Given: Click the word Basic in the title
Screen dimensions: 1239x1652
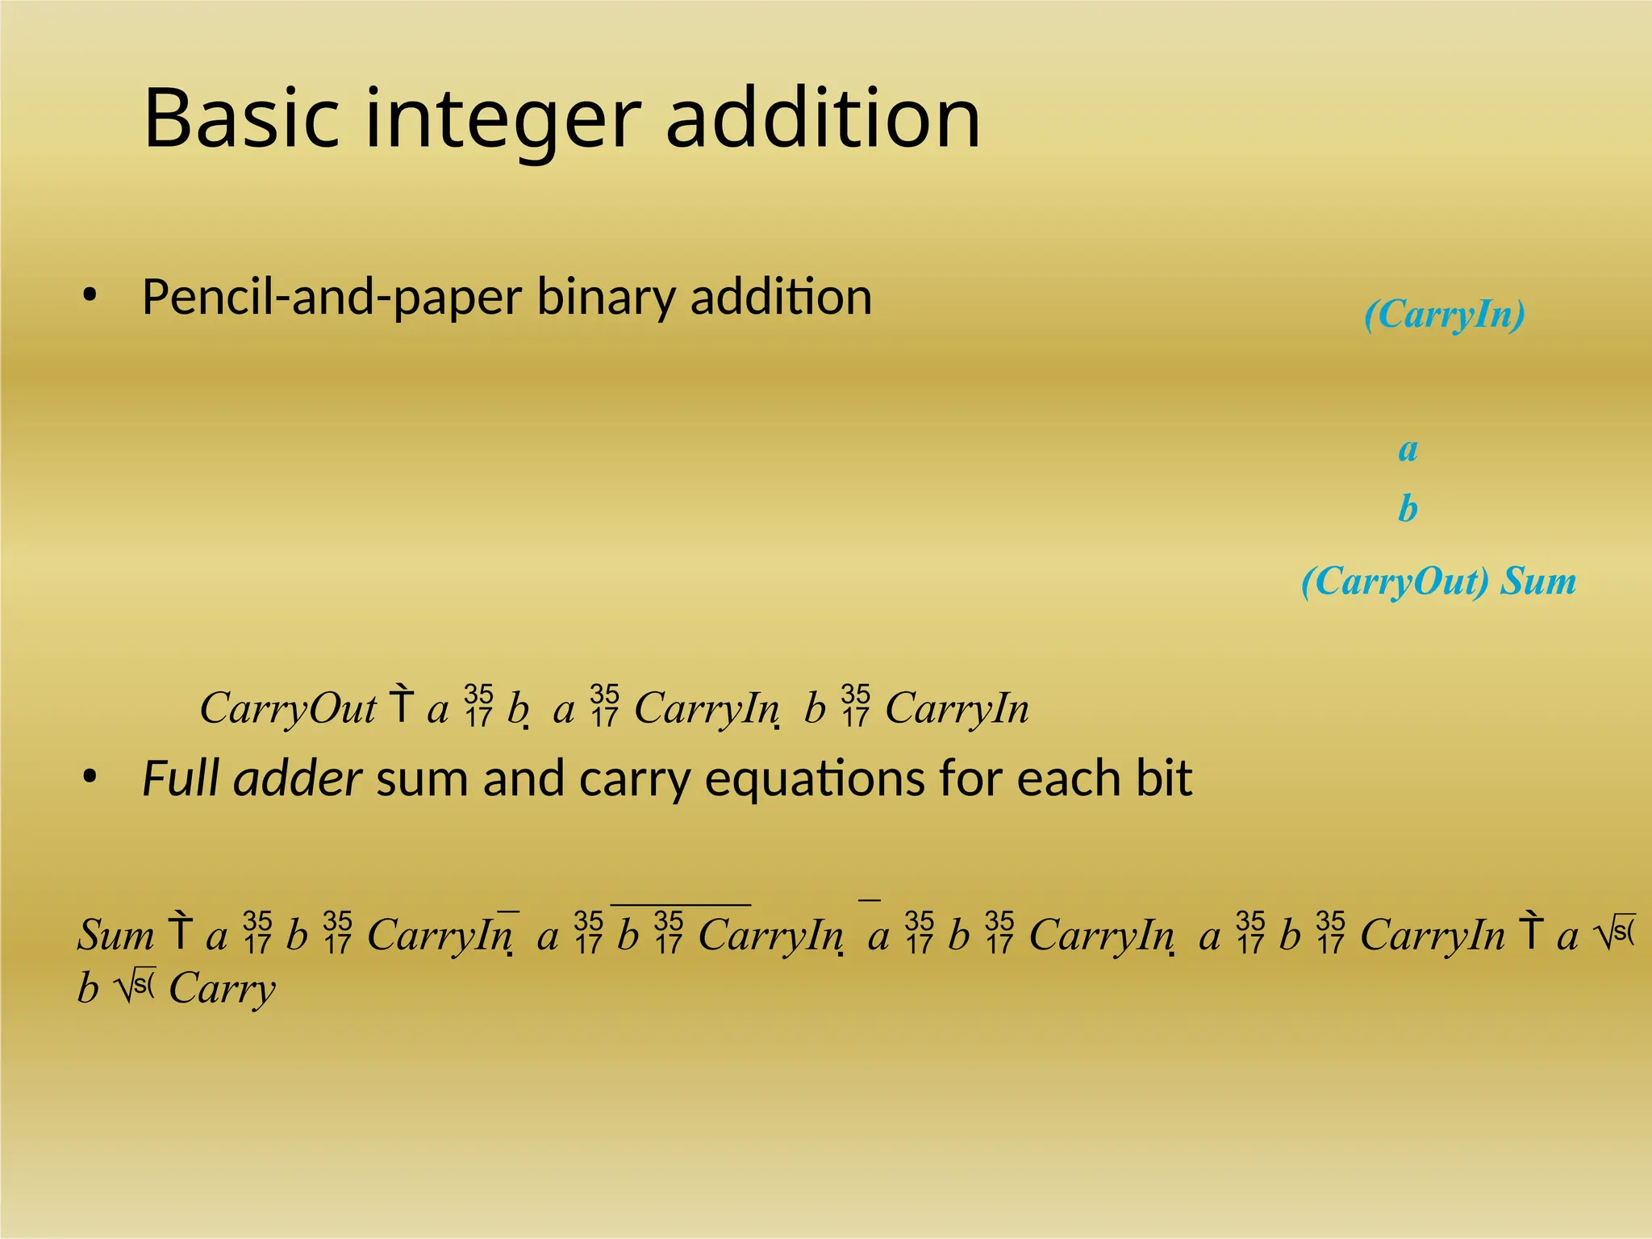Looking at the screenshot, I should (x=241, y=119).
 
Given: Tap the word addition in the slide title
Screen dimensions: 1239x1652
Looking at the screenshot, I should (x=823, y=119).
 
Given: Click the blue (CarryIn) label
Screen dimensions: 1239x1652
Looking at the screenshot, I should (x=1444, y=315).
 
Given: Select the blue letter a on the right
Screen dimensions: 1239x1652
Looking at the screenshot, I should (x=1408, y=449).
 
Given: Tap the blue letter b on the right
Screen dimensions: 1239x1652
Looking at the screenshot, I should (x=1408, y=508).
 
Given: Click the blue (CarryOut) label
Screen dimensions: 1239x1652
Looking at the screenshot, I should (x=1395, y=582).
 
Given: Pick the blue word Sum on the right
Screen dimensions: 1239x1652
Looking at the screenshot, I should (x=1537, y=581).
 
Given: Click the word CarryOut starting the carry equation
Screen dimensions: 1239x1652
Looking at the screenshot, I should (x=288, y=709).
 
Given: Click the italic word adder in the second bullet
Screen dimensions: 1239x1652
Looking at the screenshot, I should (x=298, y=778).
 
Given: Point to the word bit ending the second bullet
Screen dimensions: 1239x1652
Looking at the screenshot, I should (x=1163, y=778).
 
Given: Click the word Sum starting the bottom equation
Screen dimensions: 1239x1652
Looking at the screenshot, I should (x=116, y=936).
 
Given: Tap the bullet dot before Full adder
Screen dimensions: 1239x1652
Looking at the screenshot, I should (x=90, y=778).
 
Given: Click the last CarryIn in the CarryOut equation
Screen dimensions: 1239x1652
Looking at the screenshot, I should (x=957, y=709).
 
